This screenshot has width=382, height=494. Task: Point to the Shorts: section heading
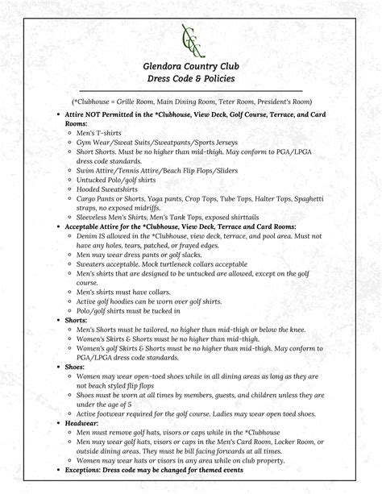pyautogui.click(x=77, y=320)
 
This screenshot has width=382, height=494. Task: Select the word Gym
pyautogui.click(x=85, y=141)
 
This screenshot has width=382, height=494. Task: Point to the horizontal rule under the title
pyautogui.click(x=191, y=91)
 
